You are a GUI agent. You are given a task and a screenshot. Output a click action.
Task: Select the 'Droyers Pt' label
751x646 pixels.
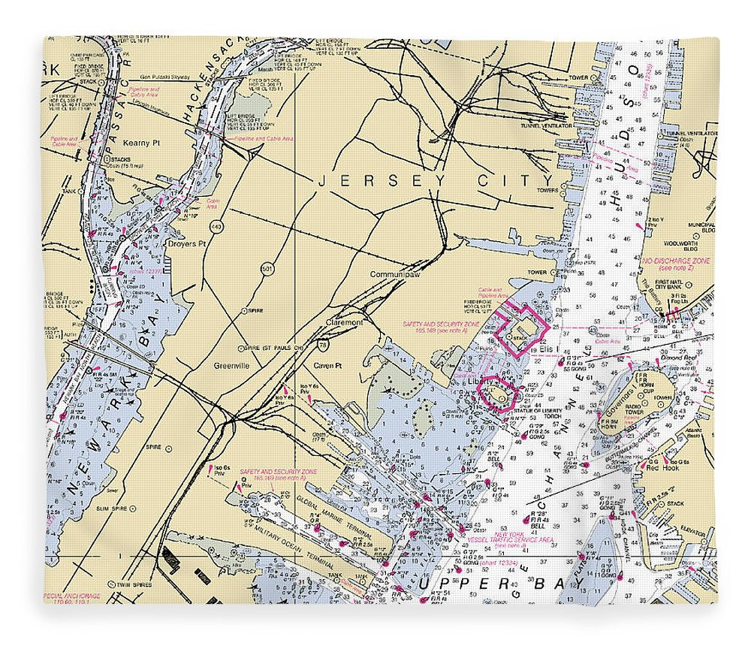tap(186, 244)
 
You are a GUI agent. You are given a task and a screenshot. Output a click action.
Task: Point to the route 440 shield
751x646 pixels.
tap(217, 226)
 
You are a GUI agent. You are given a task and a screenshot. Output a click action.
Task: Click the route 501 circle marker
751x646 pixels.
tap(268, 267)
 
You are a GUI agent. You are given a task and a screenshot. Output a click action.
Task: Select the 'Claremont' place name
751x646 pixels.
tap(344, 322)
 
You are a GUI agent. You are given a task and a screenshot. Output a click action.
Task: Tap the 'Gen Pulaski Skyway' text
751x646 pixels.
tap(170, 77)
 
